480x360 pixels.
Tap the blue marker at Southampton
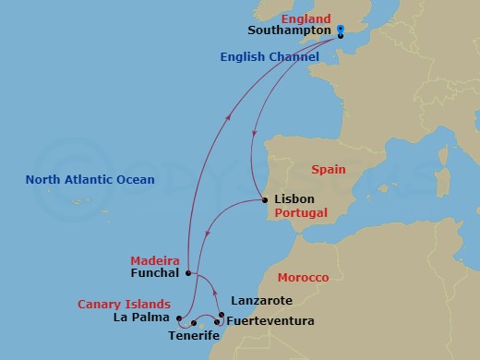tap(341, 32)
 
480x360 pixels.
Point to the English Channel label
tap(270, 57)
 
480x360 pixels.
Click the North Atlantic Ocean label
tap(90, 179)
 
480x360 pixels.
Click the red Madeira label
tap(154, 260)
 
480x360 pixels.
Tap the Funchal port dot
tap(187, 273)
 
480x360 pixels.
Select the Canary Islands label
tap(124, 304)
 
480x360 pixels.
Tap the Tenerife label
tap(194, 336)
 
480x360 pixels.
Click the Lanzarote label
tap(260, 301)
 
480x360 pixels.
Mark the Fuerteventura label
tap(270, 321)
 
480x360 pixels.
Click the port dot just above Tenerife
tap(194, 322)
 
